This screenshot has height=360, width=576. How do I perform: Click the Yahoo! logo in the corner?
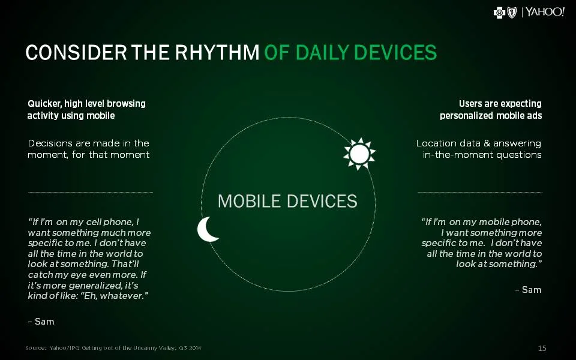[545, 13]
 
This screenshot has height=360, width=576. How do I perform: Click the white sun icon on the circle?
[359, 154]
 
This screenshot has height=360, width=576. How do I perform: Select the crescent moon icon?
[208, 229]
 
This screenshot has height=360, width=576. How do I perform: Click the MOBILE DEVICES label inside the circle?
[287, 201]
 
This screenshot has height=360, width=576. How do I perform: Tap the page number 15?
[542, 348]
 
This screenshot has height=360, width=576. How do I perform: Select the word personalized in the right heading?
[467, 115]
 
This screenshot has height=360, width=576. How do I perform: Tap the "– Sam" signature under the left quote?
[41, 322]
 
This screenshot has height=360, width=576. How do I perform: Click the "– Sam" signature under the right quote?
[528, 290]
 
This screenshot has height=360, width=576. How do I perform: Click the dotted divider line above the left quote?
[90, 192]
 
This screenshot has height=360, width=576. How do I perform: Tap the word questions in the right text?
[519, 155]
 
